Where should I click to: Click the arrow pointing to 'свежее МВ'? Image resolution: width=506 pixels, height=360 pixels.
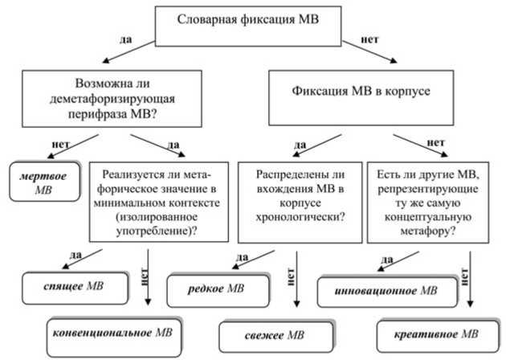(x=296, y=281)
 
